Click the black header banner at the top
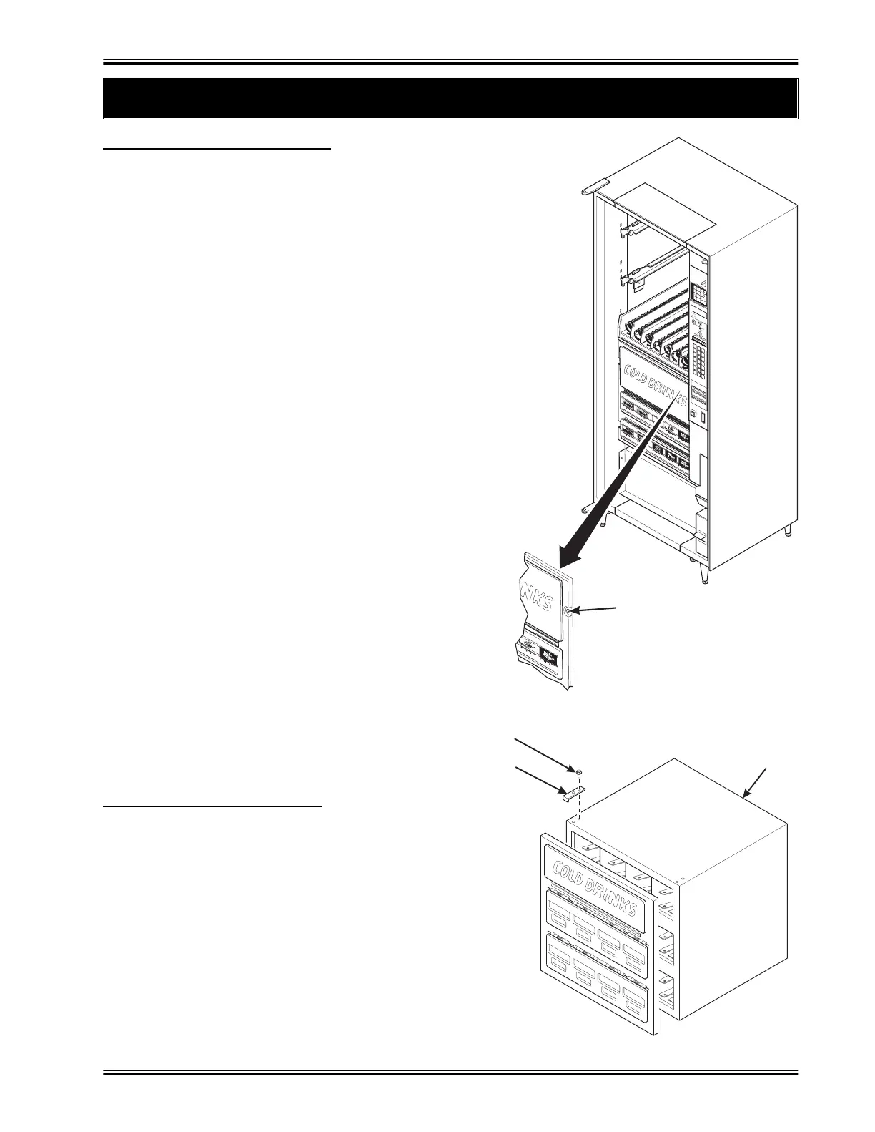tap(450, 98)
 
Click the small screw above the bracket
tap(579, 772)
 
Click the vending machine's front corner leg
tap(706, 572)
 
